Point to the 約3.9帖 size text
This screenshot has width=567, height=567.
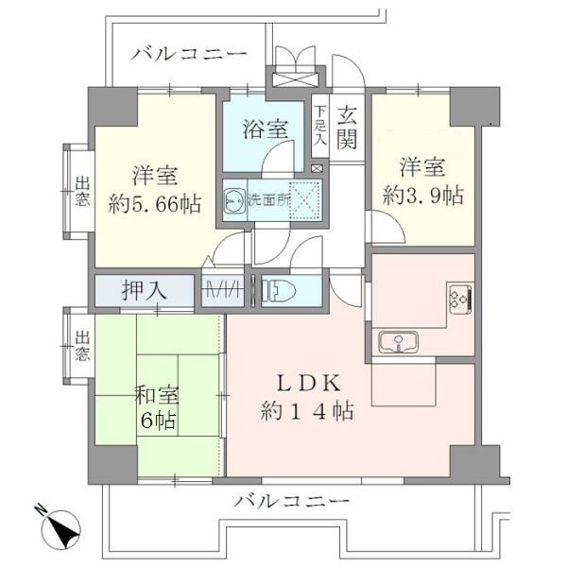click(422, 197)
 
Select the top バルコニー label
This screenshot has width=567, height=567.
click(189, 53)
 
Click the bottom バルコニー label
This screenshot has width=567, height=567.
click(292, 500)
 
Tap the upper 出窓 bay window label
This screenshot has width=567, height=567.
click(82, 192)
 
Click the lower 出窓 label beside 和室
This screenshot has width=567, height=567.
click(82, 347)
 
